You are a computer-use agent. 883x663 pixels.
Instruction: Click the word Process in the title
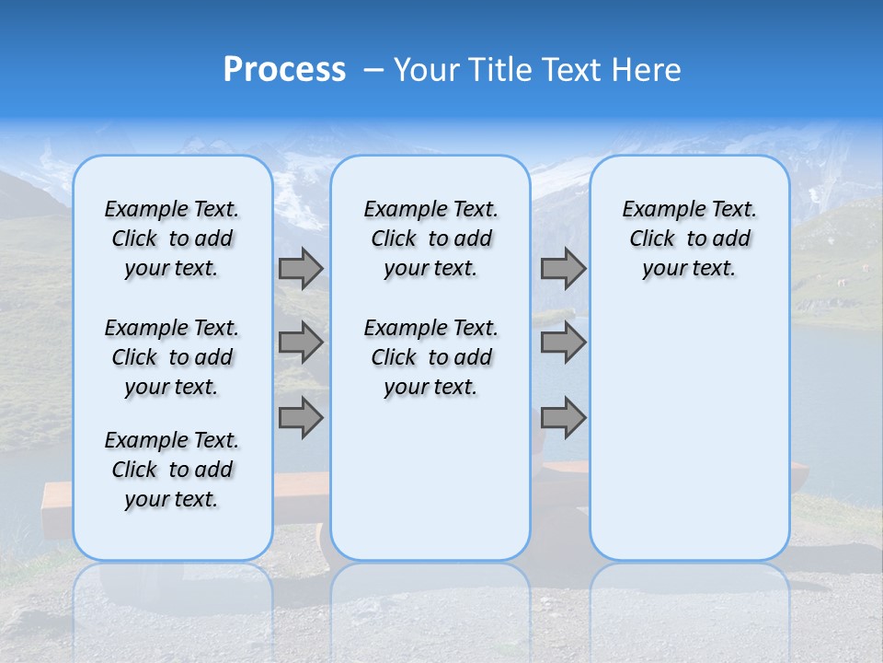click(284, 70)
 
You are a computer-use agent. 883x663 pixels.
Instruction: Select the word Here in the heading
click(648, 70)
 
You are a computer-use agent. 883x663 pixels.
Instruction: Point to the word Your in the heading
click(427, 70)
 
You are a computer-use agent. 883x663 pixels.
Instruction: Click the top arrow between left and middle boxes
click(301, 268)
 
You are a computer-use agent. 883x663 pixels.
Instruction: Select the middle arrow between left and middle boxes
click(301, 343)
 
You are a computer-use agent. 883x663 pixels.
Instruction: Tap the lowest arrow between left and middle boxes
click(301, 417)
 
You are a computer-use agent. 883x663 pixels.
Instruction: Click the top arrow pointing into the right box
click(563, 268)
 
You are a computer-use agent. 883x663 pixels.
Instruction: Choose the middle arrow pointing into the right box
click(563, 343)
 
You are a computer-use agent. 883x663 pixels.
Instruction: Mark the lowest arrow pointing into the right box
click(563, 417)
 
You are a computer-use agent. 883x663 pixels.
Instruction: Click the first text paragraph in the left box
click(172, 238)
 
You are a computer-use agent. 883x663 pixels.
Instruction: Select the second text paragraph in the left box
click(172, 357)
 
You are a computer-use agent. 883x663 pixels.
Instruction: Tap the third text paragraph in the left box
click(172, 470)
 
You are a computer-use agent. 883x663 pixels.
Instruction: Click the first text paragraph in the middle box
click(430, 238)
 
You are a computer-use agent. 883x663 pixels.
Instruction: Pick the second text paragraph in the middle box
click(430, 357)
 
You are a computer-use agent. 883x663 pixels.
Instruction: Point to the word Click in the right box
click(652, 239)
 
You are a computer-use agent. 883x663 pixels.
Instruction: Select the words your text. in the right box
click(689, 269)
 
